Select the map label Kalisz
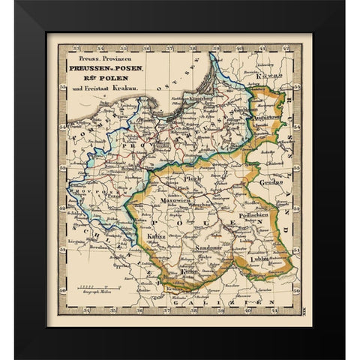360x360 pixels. pos(157,238)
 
